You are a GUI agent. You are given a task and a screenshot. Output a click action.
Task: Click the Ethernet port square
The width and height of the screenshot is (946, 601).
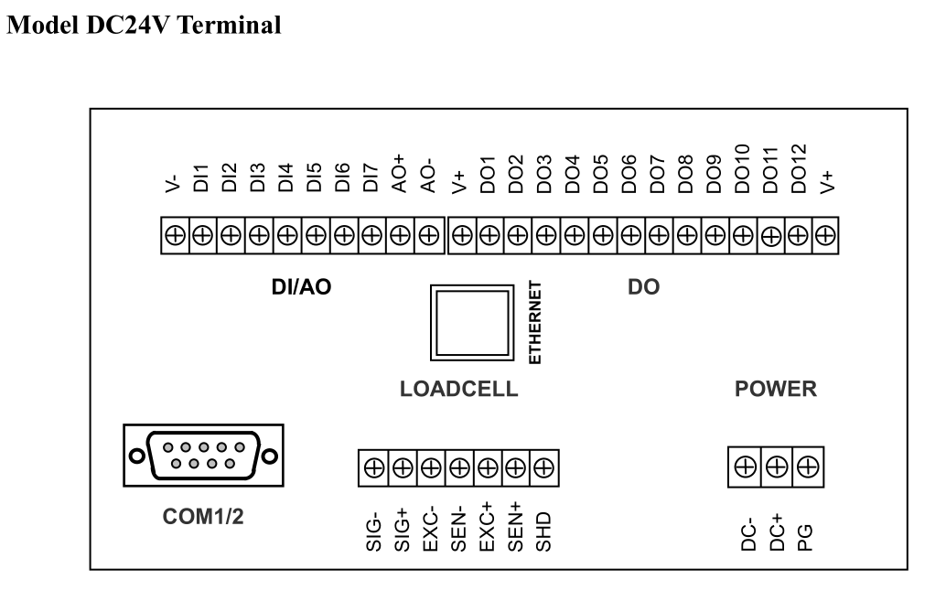(472, 323)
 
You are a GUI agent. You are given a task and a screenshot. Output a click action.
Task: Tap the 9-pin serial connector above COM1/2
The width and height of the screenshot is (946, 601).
(203, 456)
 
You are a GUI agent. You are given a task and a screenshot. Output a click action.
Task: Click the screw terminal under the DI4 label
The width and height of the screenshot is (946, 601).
(288, 235)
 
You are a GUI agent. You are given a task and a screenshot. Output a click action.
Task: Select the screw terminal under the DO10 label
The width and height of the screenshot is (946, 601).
(743, 235)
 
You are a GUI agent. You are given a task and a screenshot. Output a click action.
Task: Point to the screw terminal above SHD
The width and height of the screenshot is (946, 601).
(544, 467)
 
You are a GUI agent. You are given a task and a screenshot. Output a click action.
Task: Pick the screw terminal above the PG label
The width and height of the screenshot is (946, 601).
(808, 467)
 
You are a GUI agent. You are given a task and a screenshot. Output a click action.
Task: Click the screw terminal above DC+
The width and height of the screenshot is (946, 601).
(777, 467)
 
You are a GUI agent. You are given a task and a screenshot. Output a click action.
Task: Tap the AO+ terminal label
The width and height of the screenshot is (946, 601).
(400, 173)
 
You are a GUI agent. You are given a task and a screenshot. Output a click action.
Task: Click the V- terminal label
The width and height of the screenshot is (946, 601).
(173, 184)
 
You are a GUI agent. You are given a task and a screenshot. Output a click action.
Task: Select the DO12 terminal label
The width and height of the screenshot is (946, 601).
(798, 168)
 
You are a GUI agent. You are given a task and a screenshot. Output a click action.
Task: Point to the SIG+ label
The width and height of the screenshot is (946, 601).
(402, 531)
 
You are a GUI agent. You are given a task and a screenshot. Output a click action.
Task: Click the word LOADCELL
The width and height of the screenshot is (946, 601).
(459, 389)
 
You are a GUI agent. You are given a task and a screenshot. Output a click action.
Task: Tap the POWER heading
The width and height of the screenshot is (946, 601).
(776, 389)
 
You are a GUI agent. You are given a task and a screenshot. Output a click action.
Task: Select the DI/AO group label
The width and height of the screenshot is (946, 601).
(302, 287)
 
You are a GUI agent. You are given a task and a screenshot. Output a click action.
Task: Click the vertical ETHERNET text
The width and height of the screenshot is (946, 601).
(535, 323)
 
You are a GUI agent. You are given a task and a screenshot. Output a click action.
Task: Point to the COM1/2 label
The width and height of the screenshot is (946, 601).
(203, 517)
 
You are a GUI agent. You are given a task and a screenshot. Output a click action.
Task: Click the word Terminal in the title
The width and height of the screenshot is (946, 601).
(230, 26)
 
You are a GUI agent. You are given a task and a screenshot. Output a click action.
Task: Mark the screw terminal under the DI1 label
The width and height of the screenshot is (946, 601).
(203, 235)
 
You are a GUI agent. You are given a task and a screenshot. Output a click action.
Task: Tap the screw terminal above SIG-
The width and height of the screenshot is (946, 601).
(374, 467)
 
